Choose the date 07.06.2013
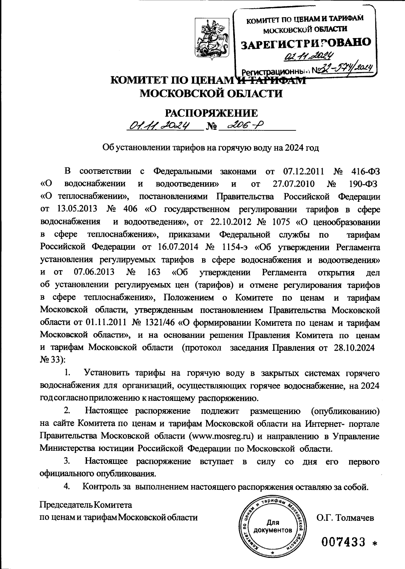click(x=93, y=273)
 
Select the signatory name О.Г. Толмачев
click(x=345, y=517)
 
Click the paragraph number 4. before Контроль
click(x=67, y=486)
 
